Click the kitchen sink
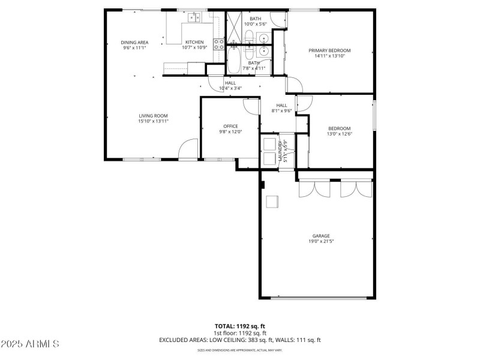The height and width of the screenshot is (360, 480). point(194,17)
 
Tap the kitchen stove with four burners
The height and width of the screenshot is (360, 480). point(218,44)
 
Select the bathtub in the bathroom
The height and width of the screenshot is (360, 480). point(235,61)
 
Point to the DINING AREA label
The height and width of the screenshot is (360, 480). point(134,42)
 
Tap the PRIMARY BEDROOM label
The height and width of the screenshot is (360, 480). point(329,50)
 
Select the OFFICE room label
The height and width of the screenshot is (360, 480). point(230,126)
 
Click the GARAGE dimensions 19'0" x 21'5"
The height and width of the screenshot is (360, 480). point(321,242)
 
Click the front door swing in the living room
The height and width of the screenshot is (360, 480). point(189,149)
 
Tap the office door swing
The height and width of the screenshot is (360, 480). point(251,106)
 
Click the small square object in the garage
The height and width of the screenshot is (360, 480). point(272,201)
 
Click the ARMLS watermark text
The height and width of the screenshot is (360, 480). point(30,344)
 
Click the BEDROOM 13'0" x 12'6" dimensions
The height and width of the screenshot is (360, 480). point(339,134)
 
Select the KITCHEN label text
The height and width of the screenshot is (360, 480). point(194,42)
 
